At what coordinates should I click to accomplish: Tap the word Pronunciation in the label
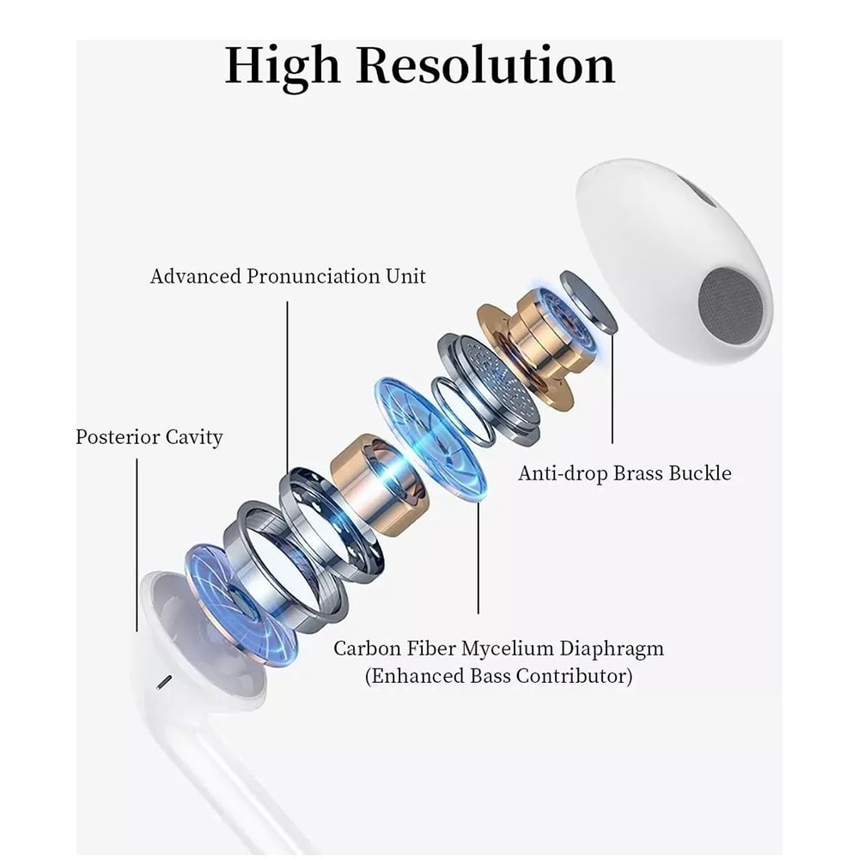click(314, 276)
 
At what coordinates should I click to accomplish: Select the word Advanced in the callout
click(196, 276)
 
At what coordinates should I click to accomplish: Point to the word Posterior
click(117, 437)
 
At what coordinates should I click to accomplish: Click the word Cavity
click(194, 438)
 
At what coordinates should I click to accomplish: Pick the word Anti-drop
click(563, 473)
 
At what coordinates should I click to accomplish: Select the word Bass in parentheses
click(490, 676)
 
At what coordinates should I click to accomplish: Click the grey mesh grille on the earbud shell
click(730, 308)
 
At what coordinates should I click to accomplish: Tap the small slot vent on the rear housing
click(164, 682)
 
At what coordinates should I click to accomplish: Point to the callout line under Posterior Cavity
click(137, 545)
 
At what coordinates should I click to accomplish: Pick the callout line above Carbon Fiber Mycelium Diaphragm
click(478, 557)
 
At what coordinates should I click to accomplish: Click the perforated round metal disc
click(497, 381)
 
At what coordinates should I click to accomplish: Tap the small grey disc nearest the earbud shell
click(589, 301)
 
